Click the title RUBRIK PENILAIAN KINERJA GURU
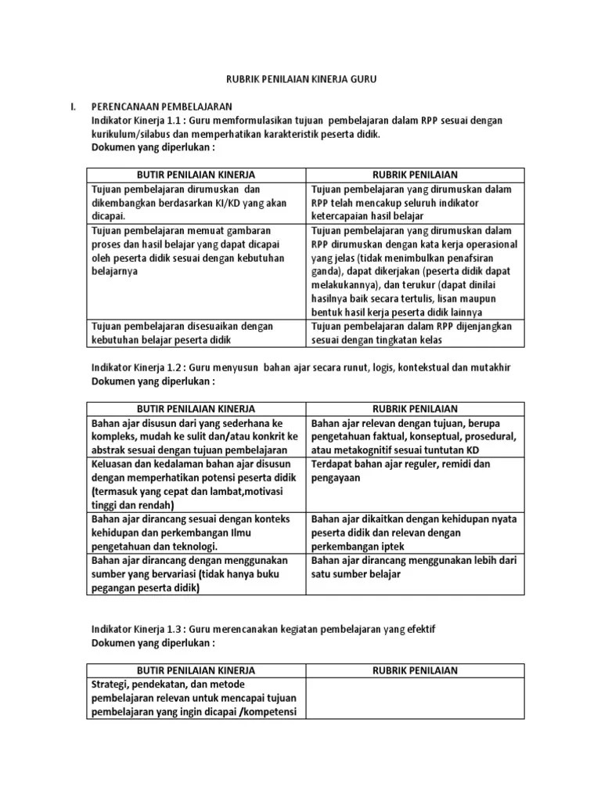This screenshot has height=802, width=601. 300,81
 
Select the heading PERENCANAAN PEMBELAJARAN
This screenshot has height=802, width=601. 162,107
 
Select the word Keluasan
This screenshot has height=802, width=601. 113,464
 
